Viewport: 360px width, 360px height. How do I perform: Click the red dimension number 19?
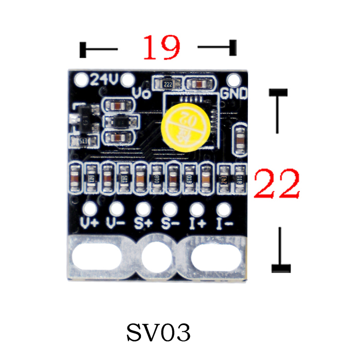coord(161,47)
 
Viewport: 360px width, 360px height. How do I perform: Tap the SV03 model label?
coord(158,333)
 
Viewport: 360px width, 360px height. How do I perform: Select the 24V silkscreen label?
coord(104,80)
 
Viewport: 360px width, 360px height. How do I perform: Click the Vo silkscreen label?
coord(140,93)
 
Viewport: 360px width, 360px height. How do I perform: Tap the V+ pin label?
coord(90,224)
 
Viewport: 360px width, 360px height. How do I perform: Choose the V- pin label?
coord(116,224)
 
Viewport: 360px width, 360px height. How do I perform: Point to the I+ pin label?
coord(197,224)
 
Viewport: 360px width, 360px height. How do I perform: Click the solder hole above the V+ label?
coord(90,209)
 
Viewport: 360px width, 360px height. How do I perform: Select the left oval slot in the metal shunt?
coord(97,256)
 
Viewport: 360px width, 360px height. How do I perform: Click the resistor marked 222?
coord(168,83)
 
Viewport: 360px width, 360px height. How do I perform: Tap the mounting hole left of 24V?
coord(81,80)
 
